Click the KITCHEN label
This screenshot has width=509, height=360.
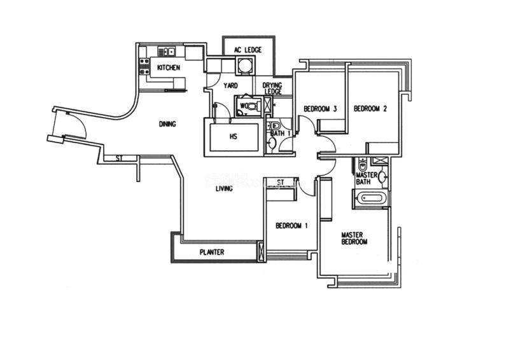[x=169, y=67]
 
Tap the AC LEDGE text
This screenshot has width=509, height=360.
[x=248, y=50]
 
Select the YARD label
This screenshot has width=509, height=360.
[x=230, y=85]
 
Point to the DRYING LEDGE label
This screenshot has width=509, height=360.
[x=273, y=88]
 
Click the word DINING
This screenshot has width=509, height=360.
[x=167, y=124]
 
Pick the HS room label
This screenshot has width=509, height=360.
[x=234, y=136]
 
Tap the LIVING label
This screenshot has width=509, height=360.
[x=223, y=189]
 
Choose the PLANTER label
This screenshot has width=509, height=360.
[x=212, y=253]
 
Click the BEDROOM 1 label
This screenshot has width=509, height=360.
[x=291, y=226]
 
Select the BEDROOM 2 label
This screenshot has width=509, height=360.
[x=370, y=109]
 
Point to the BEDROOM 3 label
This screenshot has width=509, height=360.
[x=319, y=109]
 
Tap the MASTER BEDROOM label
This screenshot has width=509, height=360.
[x=354, y=238]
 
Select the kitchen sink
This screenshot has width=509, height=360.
[x=167, y=51]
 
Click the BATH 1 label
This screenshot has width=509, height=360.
[x=281, y=134]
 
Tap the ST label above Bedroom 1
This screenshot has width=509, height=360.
[x=281, y=183]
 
